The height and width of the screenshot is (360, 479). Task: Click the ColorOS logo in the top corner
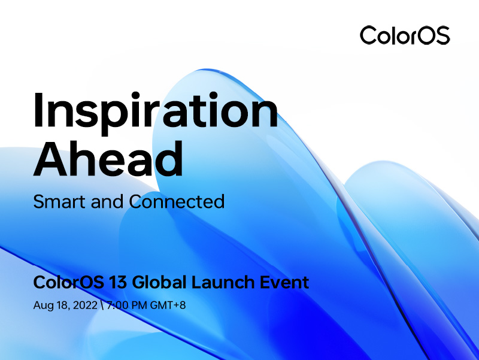404,35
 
